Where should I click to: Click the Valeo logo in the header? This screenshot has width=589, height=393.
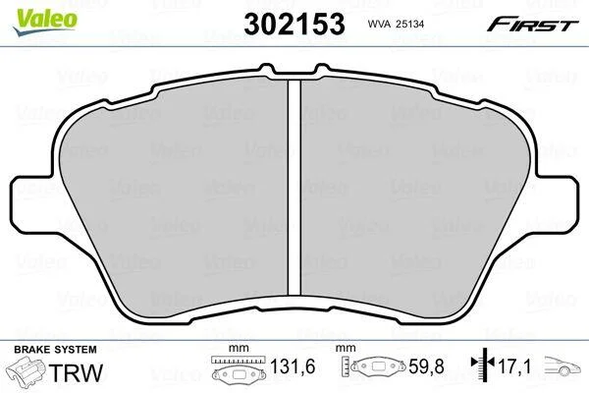45,23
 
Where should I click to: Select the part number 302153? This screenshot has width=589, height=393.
294,24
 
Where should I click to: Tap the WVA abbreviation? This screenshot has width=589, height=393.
378,24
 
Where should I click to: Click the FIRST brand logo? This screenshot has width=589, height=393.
533,25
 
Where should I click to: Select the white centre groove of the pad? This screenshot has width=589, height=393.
294,188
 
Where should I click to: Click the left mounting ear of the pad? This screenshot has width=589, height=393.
33,203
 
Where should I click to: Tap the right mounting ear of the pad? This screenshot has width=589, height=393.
556,203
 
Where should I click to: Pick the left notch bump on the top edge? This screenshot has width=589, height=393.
266,69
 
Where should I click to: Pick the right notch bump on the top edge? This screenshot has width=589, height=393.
322,69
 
